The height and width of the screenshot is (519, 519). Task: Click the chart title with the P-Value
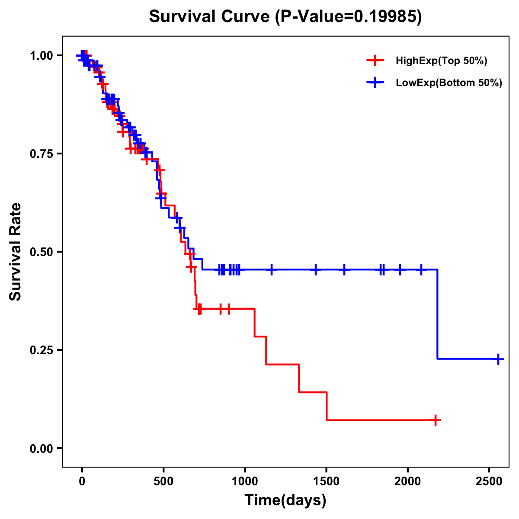(x=285, y=17)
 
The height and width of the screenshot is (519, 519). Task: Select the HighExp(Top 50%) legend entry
(x=441, y=61)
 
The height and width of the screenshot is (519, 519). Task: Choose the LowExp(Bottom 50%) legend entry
(x=449, y=83)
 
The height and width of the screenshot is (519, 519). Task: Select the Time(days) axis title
(x=285, y=500)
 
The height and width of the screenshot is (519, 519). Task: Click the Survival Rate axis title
(x=16, y=251)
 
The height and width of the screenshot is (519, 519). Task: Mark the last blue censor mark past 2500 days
(x=498, y=359)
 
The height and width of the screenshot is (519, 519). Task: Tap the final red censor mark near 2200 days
(x=436, y=420)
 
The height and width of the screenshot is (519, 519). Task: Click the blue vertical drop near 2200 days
(x=437, y=314)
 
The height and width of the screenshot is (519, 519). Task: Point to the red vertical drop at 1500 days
(x=327, y=406)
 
